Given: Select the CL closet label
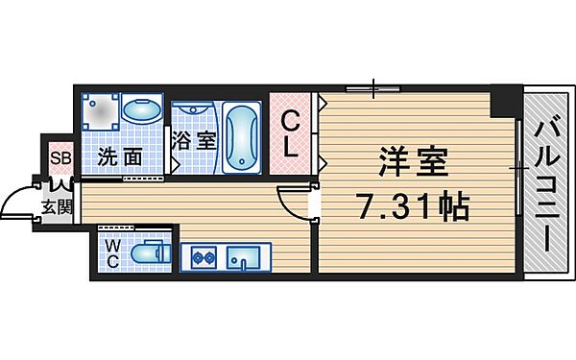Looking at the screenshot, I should point(292,135).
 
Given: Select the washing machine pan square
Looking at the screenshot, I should point(101,111).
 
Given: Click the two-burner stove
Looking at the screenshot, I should point(204,257).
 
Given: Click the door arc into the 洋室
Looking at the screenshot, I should point(290,200).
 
